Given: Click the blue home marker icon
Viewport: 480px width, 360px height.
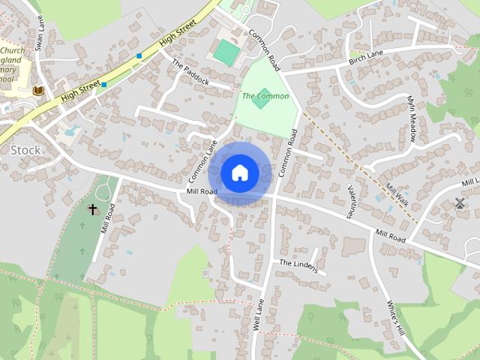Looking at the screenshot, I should (x=240, y=173).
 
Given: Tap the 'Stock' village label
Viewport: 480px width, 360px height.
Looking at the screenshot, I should (x=25, y=150).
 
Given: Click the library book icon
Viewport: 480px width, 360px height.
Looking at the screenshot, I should (x=38, y=91).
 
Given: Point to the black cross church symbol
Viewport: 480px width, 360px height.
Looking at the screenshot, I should (x=93, y=209).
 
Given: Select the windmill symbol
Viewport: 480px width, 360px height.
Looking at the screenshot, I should (x=459, y=202).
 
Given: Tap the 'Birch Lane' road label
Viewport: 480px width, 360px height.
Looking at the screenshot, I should (x=367, y=57).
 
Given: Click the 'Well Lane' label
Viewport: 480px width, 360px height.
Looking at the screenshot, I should (x=259, y=315).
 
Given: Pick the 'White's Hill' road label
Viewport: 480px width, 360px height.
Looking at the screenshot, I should (x=395, y=318).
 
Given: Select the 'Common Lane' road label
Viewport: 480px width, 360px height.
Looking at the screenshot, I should (x=202, y=162).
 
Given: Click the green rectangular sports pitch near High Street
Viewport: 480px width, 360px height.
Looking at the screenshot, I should (x=226, y=52).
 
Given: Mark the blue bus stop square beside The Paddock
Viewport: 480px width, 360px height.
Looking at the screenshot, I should (x=139, y=56).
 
